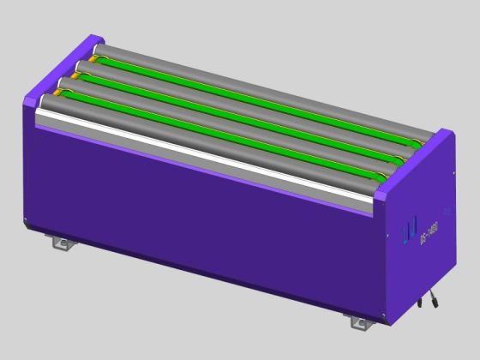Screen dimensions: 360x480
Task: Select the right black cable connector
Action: (435, 300)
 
